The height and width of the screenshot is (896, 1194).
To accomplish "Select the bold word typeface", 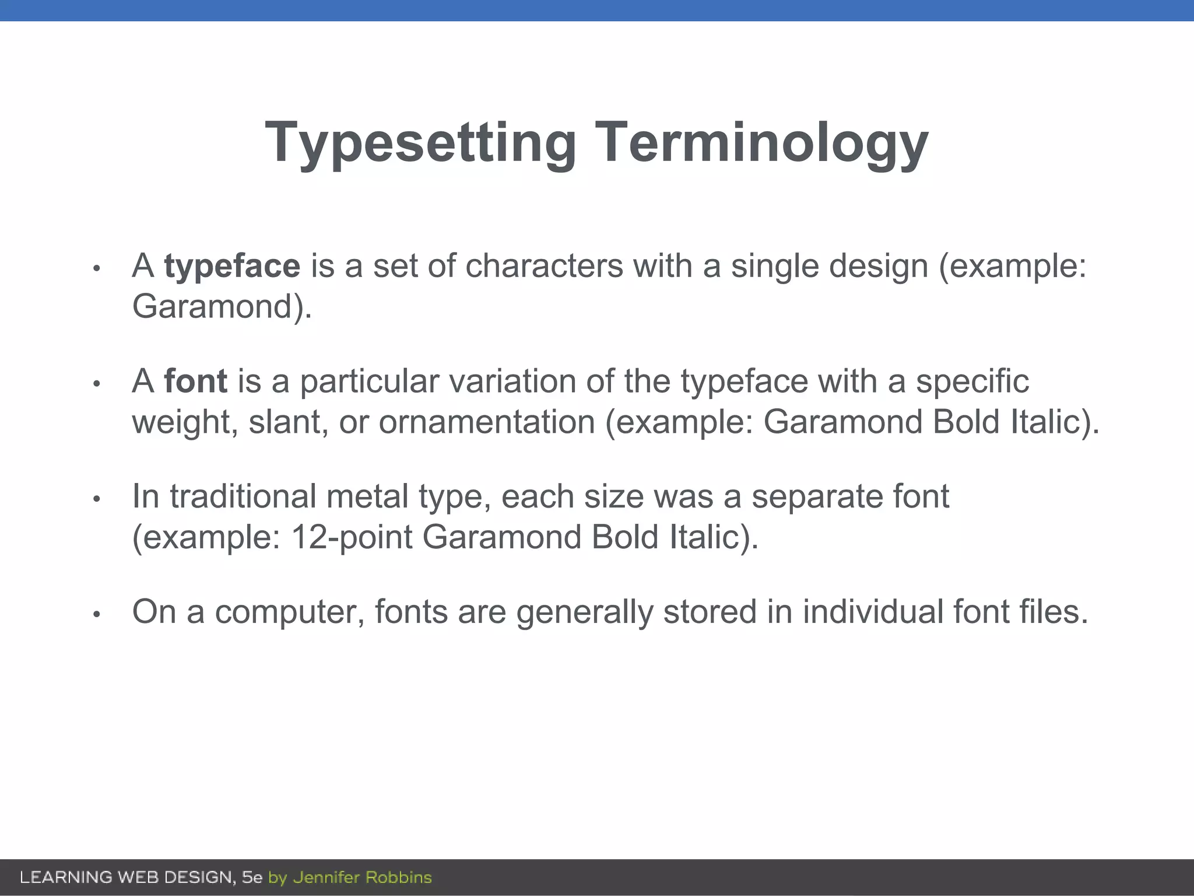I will coord(232,266).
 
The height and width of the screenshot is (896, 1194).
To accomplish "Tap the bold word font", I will coord(195,381).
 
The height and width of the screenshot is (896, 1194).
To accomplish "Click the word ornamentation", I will coord(487,422).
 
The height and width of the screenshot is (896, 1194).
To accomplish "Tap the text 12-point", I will coord(352,537).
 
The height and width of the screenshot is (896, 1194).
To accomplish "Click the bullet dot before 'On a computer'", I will coord(97,614).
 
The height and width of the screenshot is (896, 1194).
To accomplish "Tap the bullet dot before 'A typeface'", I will coord(97,268).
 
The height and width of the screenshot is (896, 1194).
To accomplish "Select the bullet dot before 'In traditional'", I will coord(97,499).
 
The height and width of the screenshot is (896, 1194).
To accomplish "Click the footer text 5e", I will coord(252,877).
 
